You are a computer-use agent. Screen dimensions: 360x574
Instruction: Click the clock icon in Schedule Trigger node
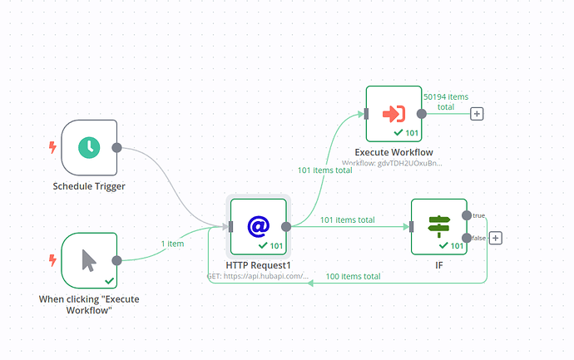(x=89, y=148)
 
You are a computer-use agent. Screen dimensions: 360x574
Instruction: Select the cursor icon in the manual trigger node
(x=89, y=260)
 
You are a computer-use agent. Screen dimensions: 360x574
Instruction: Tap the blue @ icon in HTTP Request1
(x=259, y=225)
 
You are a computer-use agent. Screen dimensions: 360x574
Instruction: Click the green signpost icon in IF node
(x=438, y=225)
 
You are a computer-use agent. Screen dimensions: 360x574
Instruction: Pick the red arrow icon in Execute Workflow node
(x=393, y=113)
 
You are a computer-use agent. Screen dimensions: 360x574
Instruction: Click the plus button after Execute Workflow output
(x=477, y=113)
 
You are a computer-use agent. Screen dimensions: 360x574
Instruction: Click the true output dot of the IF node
(x=467, y=215)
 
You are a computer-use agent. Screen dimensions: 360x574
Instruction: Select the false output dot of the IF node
(x=467, y=238)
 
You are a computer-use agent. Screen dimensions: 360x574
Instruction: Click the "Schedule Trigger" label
(x=89, y=186)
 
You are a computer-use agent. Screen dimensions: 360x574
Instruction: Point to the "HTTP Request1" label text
(x=259, y=264)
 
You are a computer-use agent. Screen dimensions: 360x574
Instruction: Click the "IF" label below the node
(x=438, y=264)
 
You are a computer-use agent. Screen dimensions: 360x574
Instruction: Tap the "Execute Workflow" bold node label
(x=393, y=152)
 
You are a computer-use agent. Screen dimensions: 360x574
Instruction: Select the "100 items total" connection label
(x=353, y=276)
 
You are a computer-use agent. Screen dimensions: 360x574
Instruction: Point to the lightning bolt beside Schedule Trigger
(x=53, y=148)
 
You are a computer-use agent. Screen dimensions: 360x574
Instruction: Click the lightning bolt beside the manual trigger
(x=53, y=260)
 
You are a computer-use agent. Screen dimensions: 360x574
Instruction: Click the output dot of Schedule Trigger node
(x=117, y=148)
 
